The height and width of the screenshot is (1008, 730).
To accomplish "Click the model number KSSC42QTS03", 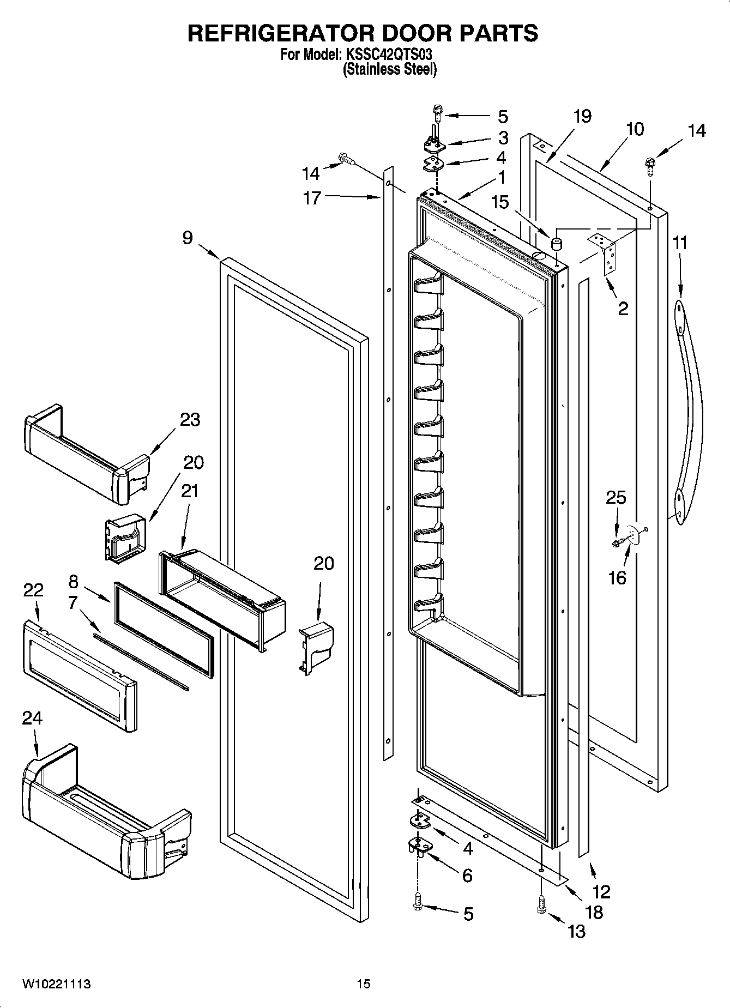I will (390, 55).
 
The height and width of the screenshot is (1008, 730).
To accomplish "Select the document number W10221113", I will (56, 984).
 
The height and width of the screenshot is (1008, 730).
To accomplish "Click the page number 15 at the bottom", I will (364, 984).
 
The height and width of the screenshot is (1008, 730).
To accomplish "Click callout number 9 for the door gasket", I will (188, 238).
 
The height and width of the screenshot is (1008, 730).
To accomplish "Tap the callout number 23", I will (190, 420).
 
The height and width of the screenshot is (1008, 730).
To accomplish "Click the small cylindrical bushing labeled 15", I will (556, 244).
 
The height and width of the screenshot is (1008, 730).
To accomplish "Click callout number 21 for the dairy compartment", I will (189, 491).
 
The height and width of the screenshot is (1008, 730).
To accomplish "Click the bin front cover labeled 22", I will (79, 676).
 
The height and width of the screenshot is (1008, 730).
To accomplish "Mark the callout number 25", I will (616, 497).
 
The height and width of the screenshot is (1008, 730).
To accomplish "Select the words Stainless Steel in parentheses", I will (390, 69).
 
